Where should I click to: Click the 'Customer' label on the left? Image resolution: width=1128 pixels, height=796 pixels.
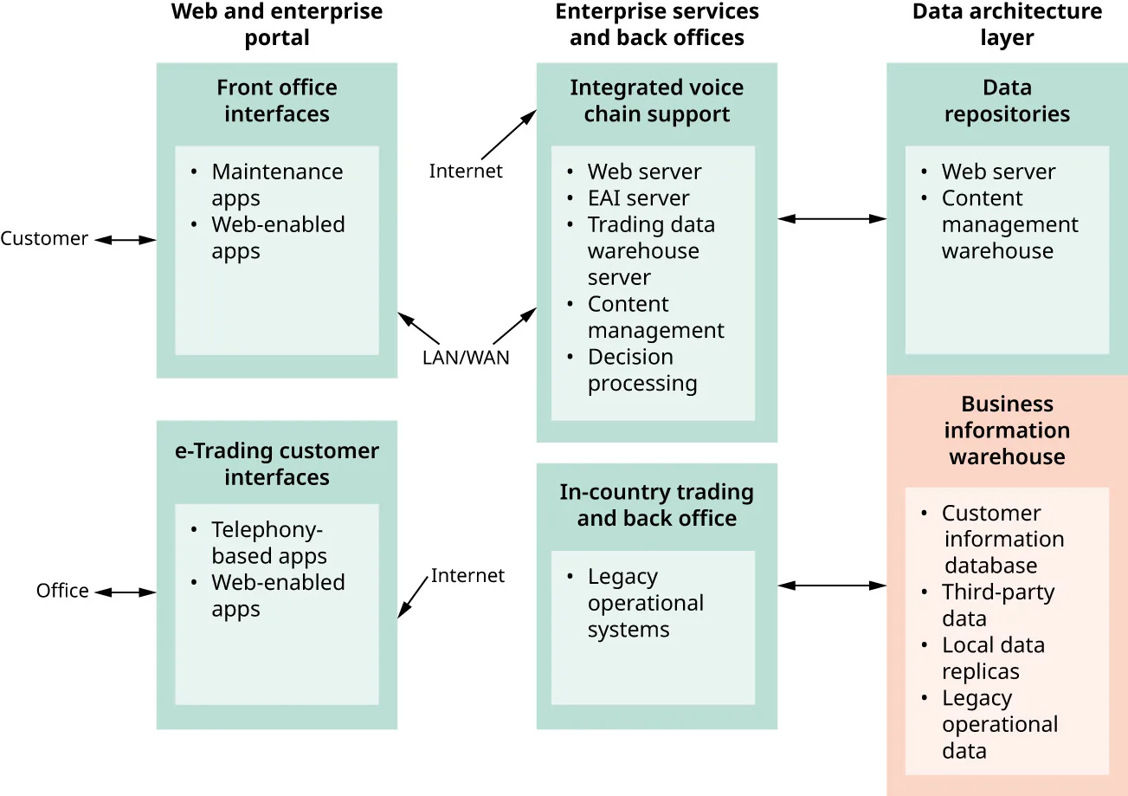[x=44, y=239]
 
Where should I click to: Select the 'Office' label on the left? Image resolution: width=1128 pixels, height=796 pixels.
[x=62, y=591]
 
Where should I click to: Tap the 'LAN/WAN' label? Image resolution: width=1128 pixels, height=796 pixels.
[x=466, y=358]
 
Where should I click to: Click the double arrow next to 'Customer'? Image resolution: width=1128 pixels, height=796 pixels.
[x=125, y=240]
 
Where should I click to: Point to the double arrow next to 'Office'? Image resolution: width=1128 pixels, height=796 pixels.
[x=125, y=592]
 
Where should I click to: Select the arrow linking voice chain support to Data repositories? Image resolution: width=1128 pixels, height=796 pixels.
[x=832, y=219]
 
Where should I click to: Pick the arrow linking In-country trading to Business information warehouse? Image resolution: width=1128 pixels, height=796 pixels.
[x=832, y=586]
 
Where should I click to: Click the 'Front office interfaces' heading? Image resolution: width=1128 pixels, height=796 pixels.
[x=277, y=100]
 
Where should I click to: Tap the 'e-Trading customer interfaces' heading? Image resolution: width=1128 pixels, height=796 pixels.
[x=277, y=464]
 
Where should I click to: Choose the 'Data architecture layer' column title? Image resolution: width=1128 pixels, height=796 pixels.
[x=1007, y=24]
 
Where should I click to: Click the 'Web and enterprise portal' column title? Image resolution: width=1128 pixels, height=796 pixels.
[x=277, y=24]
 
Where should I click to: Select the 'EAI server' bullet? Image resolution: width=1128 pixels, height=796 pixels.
[x=638, y=198]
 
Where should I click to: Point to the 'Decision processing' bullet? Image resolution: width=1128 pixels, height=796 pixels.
[x=641, y=370]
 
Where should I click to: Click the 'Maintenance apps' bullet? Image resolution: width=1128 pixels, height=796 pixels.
[x=276, y=184]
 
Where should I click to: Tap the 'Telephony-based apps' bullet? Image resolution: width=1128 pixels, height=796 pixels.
[x=268, y=542]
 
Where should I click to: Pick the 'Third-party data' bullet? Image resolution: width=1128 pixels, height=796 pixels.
[x=997, y=605]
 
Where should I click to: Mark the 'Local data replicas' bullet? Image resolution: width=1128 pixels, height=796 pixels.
[x=992, y=658]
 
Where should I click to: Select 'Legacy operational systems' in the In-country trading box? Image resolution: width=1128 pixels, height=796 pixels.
[x=645, y=603]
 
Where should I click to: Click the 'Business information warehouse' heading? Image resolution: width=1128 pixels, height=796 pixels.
[x=1007, y=430]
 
